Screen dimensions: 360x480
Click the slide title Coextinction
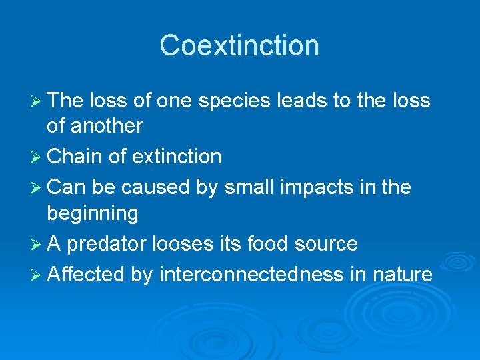pyautogui.click(x=239, y=45)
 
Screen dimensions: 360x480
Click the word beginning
pyautogui.click(x=93, y=214)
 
